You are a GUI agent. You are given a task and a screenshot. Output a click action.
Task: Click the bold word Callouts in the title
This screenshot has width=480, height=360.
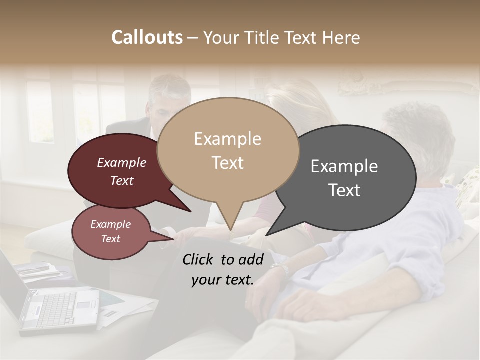point(147,37)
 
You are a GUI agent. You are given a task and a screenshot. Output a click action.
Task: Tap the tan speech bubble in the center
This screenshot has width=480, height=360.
point(228,150)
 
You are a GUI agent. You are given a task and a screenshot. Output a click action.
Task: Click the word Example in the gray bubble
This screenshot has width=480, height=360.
point(344,166)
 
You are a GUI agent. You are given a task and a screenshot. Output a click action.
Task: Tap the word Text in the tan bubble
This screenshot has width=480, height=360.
point(228,163)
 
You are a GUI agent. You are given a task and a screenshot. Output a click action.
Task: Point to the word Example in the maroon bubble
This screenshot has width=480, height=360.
point(121,162)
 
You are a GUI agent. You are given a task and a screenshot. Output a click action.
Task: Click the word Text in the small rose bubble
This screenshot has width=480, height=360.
point(110,239)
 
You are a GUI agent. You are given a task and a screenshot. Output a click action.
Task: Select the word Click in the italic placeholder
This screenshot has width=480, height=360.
point(199,259)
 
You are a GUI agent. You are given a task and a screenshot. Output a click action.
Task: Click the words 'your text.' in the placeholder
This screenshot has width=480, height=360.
point(222,280)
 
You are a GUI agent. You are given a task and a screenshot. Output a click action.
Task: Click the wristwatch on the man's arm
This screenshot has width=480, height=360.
point(284,270)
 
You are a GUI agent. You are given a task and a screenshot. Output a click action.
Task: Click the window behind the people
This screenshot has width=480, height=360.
point(40,112)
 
